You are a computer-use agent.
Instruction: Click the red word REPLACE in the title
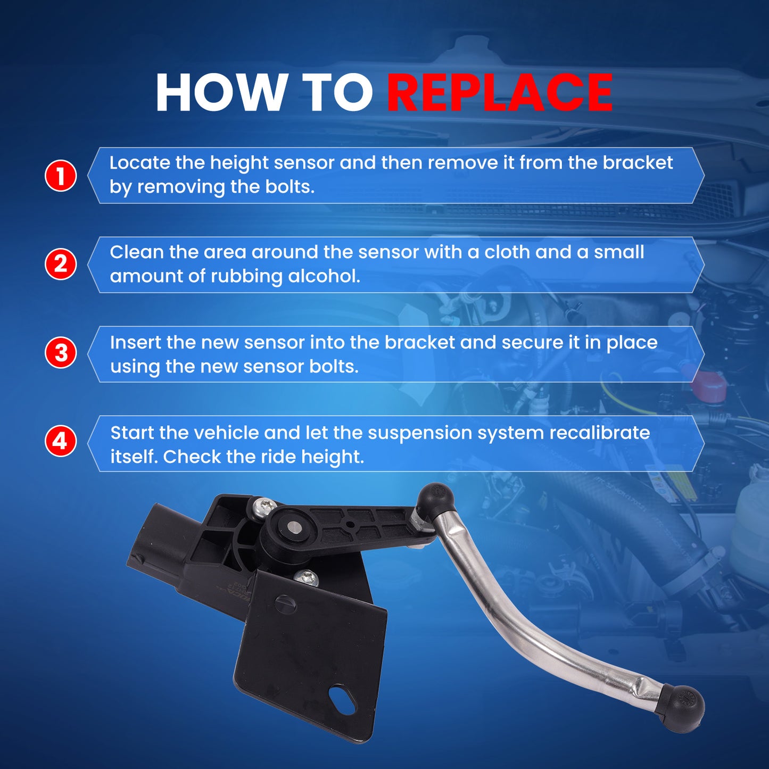pyautogui.click(x=499, y=93)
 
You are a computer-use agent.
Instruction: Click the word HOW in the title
pyautogui.click(x=219, y=93)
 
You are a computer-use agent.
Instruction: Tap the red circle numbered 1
pyautogui.click(x=61, y=176)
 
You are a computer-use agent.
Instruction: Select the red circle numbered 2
pyautogui.click(x=61, y=264)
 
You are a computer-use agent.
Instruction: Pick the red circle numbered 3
pyautogui.click(x=61, y=353)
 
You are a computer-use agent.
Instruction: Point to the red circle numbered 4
pyautogui.click(x=61, y=442)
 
